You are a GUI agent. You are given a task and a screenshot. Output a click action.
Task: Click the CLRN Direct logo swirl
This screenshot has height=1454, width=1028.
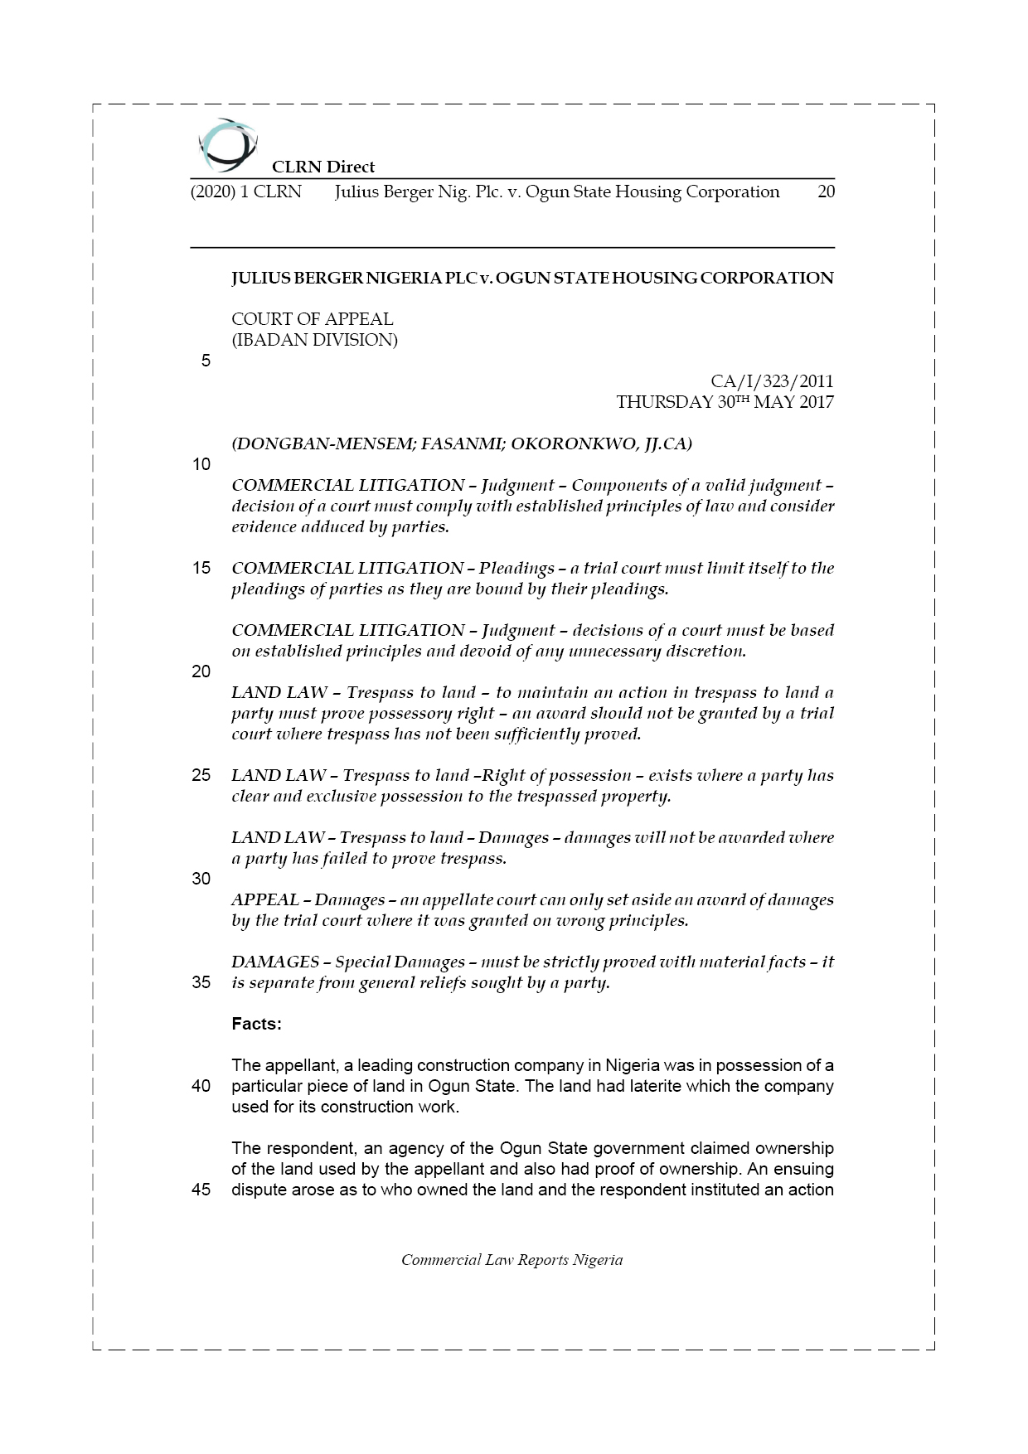(228, 145)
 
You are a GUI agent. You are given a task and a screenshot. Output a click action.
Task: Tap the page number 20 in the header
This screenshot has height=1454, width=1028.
(826, 192)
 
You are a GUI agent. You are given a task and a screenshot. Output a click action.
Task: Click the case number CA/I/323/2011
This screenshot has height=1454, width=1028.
(772, 381)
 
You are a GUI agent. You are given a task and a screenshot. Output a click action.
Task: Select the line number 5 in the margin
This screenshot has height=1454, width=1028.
(206, 361)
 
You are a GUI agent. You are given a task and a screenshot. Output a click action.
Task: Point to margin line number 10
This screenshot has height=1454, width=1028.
(201, 464)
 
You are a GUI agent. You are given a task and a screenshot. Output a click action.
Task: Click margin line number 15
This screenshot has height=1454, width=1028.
(201, 568)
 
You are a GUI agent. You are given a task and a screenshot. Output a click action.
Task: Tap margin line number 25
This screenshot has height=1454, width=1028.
(201, 775)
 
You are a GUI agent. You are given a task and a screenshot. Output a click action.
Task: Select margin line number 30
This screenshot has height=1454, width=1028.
(201, 879)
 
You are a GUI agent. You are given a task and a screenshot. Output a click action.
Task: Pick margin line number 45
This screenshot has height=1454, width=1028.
(201, 1190)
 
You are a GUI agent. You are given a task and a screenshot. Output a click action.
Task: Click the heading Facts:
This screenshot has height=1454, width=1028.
(256, 1024)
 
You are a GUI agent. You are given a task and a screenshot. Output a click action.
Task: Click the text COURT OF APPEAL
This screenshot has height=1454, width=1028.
(312, 319)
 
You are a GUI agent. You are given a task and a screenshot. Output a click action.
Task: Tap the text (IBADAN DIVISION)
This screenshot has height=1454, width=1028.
(314, 340)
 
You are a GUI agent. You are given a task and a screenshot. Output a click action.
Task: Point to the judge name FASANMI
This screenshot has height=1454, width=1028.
(460, 443)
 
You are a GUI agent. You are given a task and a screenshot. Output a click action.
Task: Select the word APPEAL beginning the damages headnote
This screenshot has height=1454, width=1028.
(265, 899)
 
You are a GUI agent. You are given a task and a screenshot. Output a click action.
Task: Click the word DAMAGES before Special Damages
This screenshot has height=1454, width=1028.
(275, 962)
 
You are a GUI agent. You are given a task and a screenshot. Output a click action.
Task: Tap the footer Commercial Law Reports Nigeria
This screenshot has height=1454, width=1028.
(512, 1260)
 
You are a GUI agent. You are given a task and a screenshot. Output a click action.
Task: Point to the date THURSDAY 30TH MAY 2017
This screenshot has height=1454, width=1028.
(725, 402)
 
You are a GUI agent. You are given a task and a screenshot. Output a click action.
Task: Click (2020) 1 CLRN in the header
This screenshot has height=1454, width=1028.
(246, 192)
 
